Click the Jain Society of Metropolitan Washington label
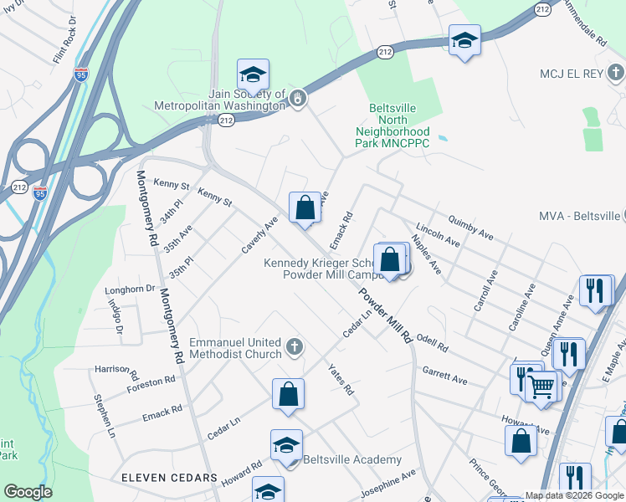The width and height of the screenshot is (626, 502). (219, 100)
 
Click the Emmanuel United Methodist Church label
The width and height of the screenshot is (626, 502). (236, 349)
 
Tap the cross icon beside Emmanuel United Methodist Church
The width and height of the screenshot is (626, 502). (294, 346)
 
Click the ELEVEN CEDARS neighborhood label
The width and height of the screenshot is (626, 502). (170, 478)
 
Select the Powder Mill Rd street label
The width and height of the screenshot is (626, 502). (386, 317)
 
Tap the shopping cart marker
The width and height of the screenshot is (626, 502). (542, 386)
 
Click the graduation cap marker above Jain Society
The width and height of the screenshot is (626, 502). (253, 75)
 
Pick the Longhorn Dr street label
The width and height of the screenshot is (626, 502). (130, 290)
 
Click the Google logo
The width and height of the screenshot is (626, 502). (28, 492)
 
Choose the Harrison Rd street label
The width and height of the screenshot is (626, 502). (116, 369)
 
